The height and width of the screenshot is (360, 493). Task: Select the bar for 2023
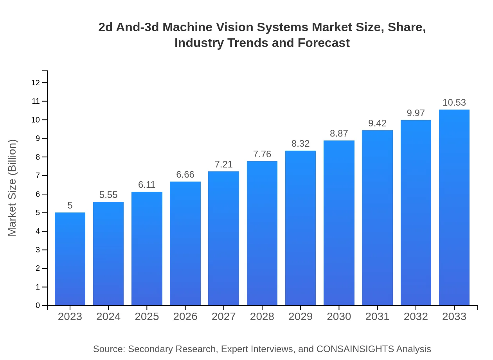(70, 259)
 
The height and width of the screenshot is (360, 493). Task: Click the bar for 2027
(223, 238)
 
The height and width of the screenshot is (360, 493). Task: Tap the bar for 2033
(454, 207)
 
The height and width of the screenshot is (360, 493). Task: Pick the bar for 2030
(339, 223)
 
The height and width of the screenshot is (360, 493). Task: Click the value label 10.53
(454, 103)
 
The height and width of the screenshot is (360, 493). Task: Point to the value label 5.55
(108, 195)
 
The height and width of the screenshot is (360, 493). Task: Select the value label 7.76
(262, 154)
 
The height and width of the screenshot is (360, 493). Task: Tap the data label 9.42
(377, 123)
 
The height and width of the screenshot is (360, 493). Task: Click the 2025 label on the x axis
(147, 317)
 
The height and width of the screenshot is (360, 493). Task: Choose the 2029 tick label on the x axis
(300, 317)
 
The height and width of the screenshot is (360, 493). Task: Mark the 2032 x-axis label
(416, 317)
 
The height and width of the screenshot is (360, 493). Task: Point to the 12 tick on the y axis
(36, 83)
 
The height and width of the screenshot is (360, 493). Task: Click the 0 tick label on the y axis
(38, 306)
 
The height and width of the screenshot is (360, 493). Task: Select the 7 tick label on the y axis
(38, 175)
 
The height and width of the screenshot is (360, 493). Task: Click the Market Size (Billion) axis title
(13, 187)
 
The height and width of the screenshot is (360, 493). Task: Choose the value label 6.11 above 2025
(147, 185)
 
